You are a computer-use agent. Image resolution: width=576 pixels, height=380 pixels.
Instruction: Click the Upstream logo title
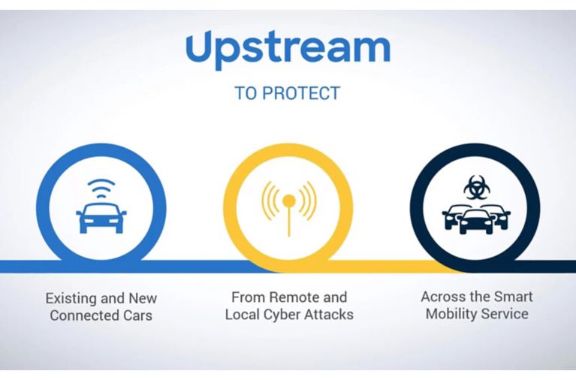(288, 50)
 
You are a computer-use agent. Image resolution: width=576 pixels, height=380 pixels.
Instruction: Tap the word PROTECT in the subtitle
(301, 93)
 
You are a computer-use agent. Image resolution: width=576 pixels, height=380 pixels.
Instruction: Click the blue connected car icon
(101, 219)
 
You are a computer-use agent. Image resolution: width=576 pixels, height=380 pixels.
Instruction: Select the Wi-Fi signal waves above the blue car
(101, 188)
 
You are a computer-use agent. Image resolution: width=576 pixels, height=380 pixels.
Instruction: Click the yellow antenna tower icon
(288, 208)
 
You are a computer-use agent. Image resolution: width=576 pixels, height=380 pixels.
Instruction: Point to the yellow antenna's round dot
(288, 201)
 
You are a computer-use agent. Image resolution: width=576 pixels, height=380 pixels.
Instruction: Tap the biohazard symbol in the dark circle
(476, 187)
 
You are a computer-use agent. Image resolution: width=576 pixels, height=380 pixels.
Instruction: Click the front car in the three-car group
(476, 222)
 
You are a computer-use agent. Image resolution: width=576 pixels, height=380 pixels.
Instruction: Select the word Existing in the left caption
(70, 298)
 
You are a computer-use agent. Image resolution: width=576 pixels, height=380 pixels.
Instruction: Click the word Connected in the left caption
(84, 315)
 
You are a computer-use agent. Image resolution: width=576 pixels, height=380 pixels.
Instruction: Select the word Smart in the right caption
(513, 297)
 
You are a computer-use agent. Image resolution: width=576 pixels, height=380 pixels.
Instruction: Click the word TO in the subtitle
(246, 93)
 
